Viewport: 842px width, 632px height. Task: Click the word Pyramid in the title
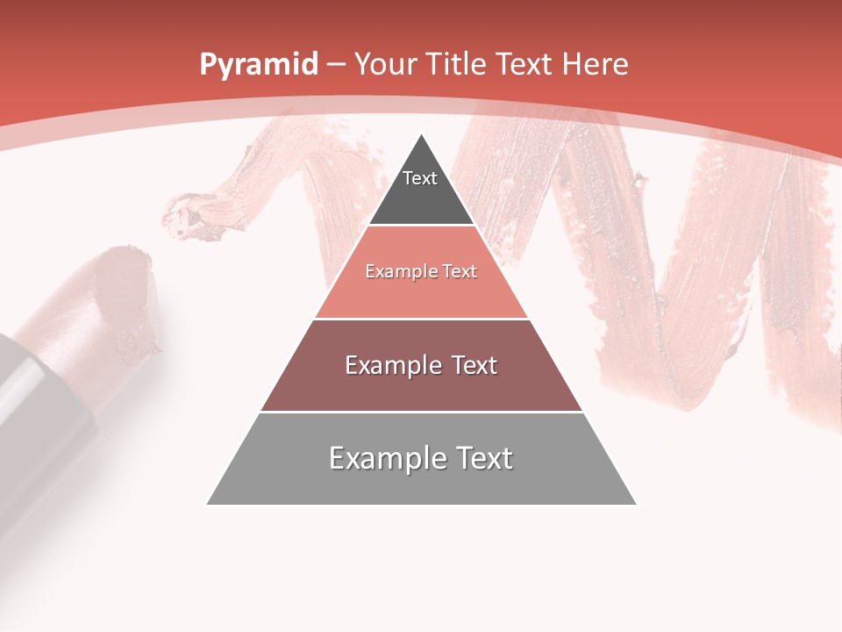tap(258, 65)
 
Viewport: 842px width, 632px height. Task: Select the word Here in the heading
tap(596, 64)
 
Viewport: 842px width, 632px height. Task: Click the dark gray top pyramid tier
tap(421, 189)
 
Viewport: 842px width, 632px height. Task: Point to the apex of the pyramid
tap(422, 135)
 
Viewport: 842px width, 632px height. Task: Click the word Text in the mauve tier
tap(471, 365)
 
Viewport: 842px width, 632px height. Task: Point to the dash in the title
tap(336, 65)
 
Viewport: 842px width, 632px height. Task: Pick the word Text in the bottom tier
tap(482, 458)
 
